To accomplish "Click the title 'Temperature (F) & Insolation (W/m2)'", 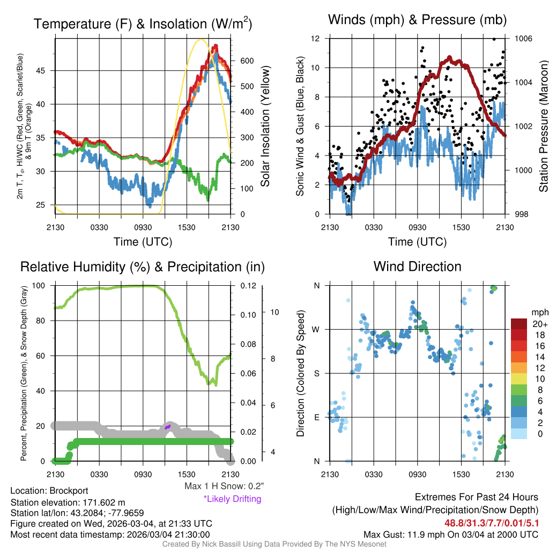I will pos(143,24).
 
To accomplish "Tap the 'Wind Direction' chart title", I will pos(417,266).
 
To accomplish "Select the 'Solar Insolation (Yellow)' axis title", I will pos(265,127).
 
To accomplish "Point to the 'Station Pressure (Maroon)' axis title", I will pos(543,127).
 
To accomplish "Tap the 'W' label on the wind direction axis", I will pos(316,329).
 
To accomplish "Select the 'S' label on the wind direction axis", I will pos(316,373).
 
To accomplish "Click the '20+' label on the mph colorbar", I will pos(540,324).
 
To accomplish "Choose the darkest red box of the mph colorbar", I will pos(519,324).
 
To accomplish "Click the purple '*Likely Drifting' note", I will pos(232,499).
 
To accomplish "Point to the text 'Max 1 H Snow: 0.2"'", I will pos(224,486).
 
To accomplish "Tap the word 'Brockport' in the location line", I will pos(69,491).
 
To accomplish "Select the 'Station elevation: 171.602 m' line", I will pos(68,502).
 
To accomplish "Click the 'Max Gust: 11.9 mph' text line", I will pos(451,535).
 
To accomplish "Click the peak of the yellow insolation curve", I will pos(201,39).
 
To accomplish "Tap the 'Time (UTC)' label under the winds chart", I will pos(418,242).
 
